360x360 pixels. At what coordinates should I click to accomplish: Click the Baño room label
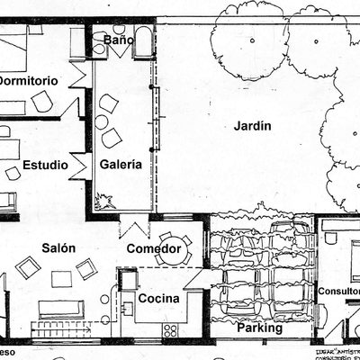119,40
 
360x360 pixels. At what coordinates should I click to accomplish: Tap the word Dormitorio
28,80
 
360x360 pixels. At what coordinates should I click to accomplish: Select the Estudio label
44,165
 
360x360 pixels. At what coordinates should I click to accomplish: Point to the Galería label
121,165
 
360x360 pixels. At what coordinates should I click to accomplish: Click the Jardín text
252,126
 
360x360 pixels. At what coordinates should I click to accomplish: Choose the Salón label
58,247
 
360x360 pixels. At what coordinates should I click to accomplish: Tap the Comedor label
154,248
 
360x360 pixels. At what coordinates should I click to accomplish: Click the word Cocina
158,298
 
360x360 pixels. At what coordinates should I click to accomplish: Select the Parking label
260,328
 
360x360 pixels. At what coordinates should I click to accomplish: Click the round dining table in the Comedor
170,254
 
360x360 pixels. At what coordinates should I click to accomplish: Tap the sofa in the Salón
61,310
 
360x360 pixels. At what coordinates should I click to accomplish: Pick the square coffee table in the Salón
61,279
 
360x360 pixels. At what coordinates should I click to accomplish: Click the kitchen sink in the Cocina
128,309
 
